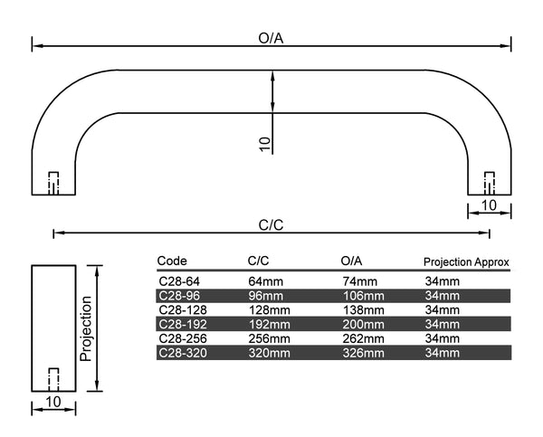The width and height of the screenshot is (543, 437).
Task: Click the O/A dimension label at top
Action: [272, 37]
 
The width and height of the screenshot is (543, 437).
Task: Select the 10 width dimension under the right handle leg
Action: [489, 204]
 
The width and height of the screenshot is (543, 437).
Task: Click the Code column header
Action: [172, 261]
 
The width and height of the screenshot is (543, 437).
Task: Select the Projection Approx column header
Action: [466, 262]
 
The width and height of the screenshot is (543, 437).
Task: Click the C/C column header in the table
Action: [259, 261]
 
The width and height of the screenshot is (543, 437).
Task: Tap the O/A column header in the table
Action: [352, 261]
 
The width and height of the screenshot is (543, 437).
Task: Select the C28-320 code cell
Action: [180, 351]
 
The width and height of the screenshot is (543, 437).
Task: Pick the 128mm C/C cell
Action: [270, 309]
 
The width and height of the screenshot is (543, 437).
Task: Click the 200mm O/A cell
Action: [362, 323]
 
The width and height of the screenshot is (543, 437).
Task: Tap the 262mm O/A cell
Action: [362, 337]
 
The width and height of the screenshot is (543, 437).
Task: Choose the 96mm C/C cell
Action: [266, 295]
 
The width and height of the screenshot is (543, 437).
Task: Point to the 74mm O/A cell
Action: [358, 281]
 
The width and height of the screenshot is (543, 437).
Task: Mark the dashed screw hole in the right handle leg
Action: [490, 181]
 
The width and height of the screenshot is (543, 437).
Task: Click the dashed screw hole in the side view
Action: [52, 377]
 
